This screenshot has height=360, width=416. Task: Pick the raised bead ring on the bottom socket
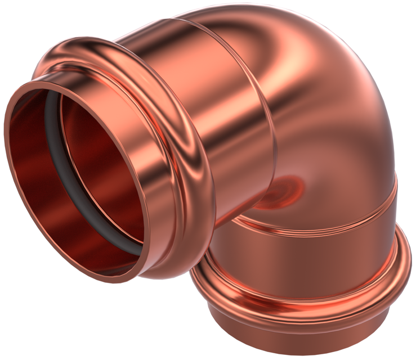(x=304, y=292)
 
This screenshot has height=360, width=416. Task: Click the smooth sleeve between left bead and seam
(x=225, y=112)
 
